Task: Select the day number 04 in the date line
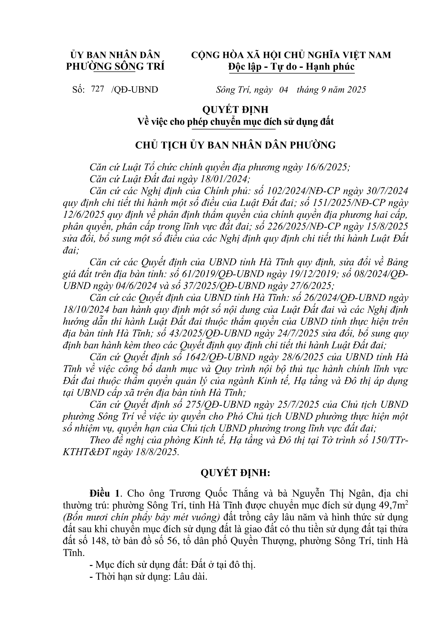(284, 89)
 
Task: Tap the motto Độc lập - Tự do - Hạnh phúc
(291, 66)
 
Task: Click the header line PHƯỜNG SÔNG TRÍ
(115, 66)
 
